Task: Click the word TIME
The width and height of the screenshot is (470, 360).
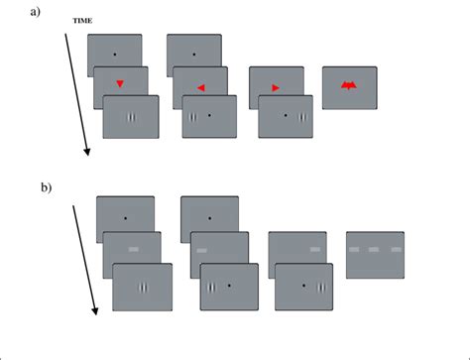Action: coord(84,19)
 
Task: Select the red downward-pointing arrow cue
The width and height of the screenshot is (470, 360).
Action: coord(119,85)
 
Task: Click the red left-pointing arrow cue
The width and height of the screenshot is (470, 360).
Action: coord(201,88)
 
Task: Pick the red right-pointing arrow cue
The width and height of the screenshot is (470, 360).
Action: coord(276,88)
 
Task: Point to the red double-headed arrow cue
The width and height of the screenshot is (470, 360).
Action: coord(349,87)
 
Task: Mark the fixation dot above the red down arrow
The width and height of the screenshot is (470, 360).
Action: coord(114,54)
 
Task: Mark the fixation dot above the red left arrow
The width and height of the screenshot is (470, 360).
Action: coord(193,54)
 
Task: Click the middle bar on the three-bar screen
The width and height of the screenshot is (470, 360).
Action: coord(374,249)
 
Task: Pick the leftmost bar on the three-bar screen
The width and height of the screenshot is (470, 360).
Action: coord(353,249)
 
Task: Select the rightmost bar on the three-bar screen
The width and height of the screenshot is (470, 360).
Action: coord(396,249)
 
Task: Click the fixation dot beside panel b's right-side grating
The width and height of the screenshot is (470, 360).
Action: coord(303,286)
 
